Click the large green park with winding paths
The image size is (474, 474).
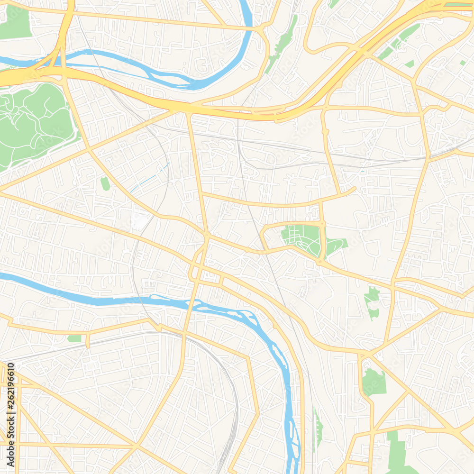[33, 123]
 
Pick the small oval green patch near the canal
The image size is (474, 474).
[105, 183]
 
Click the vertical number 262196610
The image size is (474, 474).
[10, 393]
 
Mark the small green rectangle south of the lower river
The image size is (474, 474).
[74, 338]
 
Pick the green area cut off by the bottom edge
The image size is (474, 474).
[398, 455]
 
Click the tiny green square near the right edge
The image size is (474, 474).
[462, 63]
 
